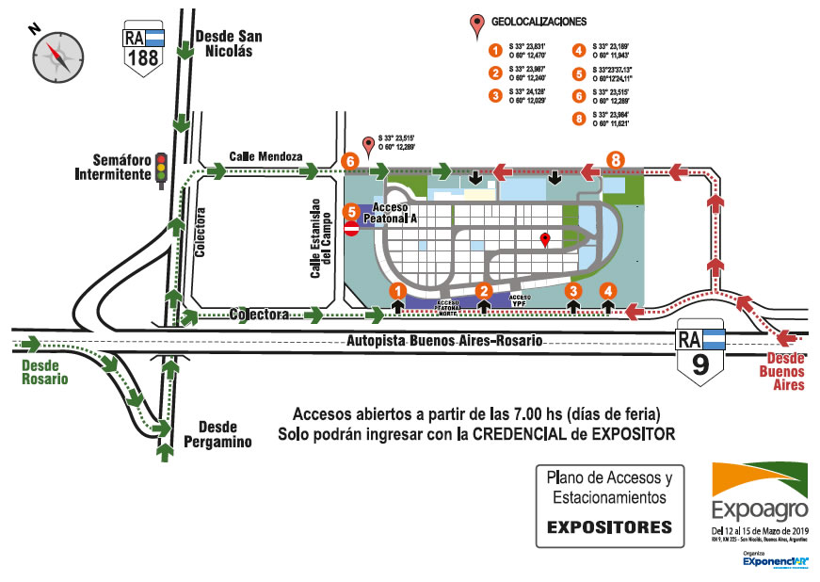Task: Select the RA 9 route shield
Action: [699, 355]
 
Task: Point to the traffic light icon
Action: [161, 169]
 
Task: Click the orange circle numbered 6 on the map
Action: [350, 161]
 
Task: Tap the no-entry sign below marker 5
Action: [351, 229]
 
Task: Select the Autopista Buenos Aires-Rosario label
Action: [443, 341]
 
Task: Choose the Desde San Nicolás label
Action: [229, 44]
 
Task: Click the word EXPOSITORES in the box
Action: [610, 525]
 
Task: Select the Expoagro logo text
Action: [760, 510]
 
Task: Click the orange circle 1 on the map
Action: [398, 292]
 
